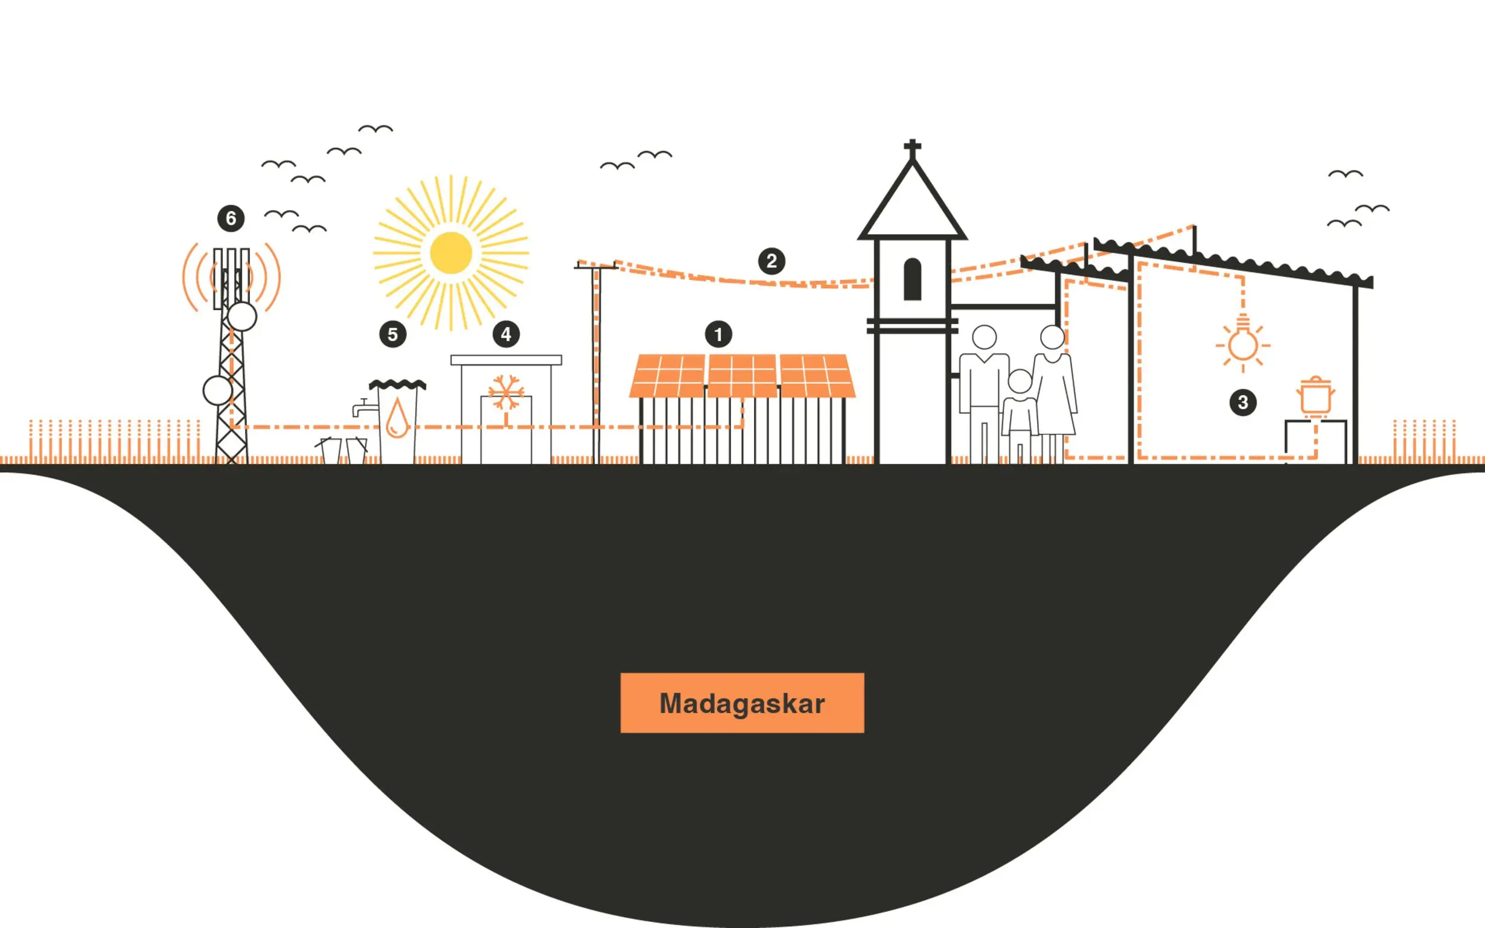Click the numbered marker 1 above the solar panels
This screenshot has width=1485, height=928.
pyautogui.click(x=718, y=334)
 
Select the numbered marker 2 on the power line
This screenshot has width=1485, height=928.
pyautogui.click(x=771, y=261)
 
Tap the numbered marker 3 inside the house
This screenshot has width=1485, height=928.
pyautogui.click(x=1242, y=402)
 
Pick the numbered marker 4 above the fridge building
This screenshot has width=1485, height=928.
pyautogui.click(x=506, y=334)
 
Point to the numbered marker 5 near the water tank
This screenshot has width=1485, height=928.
pyautogui.click(x=393, y=334)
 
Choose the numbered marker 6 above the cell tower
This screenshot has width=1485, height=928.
pyautogui.click(x=231, y=218)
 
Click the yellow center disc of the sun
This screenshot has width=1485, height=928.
pyautogui.click(x=451, y=253)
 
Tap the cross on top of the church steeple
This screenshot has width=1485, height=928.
pyautogui.click(x=912, y=147)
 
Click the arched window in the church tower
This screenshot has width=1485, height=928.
pyautogui.click(x=912, y=279)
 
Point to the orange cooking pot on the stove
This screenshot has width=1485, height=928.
pyautogui.click(x=1315, y=396)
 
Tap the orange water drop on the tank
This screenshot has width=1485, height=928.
pyautogui.click(x=397, y=419)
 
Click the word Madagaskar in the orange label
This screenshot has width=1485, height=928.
pyautogui.click(x=741, y=704)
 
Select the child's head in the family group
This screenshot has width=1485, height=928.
pyautogui.click(x=1020, y=381)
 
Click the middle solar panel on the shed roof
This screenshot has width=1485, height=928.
pyautogui.click(x=742, y=376)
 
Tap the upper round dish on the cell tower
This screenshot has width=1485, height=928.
pyautogui.click(x=242, y=317)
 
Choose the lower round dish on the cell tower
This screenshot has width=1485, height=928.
pyautogui.click(x=217, y=390)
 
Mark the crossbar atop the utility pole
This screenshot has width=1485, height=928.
pyautogui.click(x=595, y=266)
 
